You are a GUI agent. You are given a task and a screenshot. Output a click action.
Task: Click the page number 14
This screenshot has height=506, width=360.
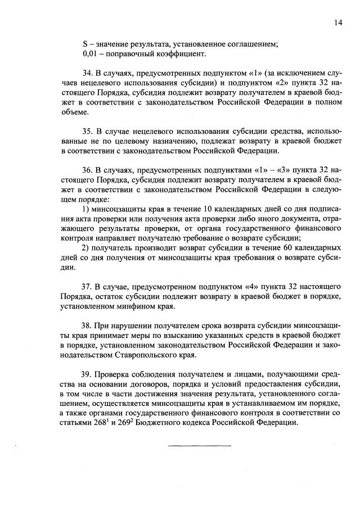[337, 22]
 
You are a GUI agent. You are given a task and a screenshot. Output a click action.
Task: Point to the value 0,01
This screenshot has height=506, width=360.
[90, 55]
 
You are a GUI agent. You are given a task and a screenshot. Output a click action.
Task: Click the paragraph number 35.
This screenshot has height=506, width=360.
[87, 131]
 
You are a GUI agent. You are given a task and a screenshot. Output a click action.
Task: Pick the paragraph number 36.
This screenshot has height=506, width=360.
[87, 169]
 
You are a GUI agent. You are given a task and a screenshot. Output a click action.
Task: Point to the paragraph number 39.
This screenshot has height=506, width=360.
[87, 373]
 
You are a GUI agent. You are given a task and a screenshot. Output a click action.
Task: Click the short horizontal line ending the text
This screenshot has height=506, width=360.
[200, 446]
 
